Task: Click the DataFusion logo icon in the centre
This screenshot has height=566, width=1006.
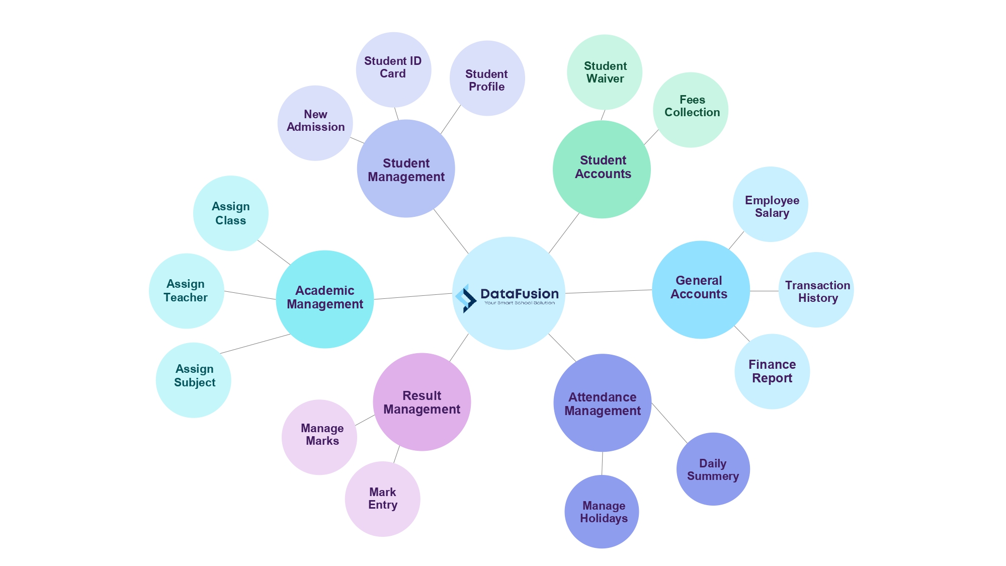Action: (x=466, y=298)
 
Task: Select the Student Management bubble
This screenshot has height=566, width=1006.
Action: (x=406, y=169)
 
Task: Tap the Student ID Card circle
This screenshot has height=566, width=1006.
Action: (x=393, y=69)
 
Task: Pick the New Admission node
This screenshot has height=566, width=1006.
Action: (x=315, y=123)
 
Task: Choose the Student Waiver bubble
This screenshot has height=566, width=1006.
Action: (x=605, y=72)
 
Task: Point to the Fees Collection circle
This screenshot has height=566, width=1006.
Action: (x=691, y=110)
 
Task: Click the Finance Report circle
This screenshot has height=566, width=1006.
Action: (x=772, y=371)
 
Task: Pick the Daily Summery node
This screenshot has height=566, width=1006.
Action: (x=713, y=469)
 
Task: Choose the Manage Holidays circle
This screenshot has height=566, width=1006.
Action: (x=602, y=512)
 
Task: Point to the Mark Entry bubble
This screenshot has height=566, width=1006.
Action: (x=382, y=499)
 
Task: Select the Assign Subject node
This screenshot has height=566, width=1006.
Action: (x=194, y=380)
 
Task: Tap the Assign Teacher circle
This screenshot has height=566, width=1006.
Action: (x=187, y=291)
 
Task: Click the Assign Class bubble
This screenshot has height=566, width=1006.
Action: (x=231, y=213)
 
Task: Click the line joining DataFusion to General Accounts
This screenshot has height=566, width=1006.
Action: (x=609, y=291)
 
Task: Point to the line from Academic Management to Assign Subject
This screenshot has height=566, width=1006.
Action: (x=255, y=344)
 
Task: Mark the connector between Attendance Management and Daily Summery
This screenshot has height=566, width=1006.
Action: (x=669, y=423)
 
